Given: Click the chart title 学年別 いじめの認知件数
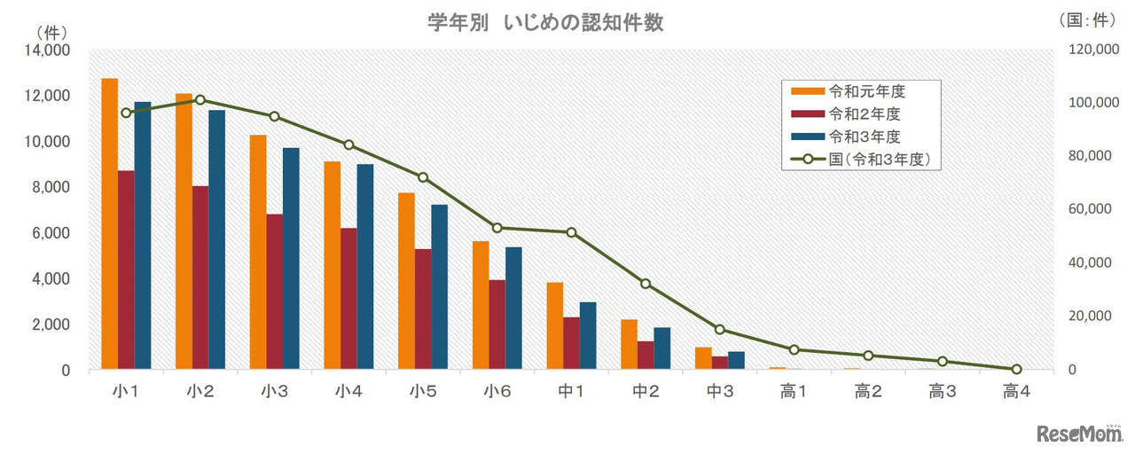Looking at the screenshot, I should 545,24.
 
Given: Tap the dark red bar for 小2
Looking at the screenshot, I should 200,278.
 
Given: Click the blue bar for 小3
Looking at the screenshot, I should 291,258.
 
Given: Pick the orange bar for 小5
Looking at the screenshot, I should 406,280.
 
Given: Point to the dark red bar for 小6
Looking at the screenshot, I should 497,325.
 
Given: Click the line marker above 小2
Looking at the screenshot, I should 200,100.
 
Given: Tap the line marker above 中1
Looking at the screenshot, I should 571,232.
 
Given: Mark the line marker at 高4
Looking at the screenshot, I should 1016,369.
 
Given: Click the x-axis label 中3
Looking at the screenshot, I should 719,389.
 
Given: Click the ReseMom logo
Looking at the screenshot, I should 1078,433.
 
